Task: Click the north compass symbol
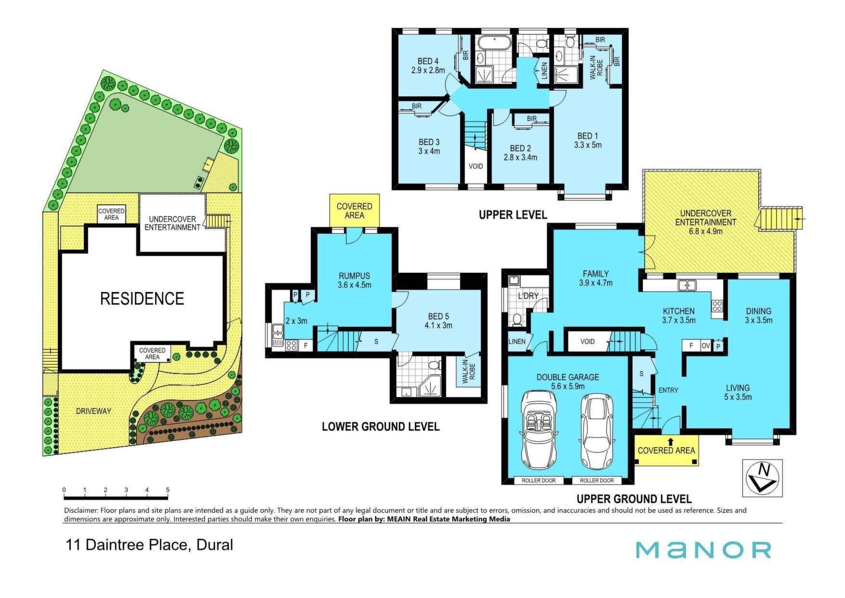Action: (762, 478)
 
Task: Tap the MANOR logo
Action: (703, 550)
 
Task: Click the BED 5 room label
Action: (438, 316)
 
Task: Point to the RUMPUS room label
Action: (354, 276)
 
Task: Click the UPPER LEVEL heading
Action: (513, 214)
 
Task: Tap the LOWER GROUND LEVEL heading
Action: (381, 426)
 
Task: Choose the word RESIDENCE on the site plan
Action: (142, 299)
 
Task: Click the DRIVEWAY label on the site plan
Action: (93, 411)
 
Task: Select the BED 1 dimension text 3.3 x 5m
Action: (588, 145)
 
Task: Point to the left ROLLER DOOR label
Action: (539, 480)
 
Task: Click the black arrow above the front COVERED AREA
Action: (670, 440)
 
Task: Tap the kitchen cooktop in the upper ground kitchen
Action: (717, 305)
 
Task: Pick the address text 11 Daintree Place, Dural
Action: (149, 545)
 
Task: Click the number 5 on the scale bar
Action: (168, 490)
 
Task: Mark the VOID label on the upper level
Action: (475, 166)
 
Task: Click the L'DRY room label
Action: (528, 295)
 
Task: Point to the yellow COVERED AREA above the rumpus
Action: (354, 211)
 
